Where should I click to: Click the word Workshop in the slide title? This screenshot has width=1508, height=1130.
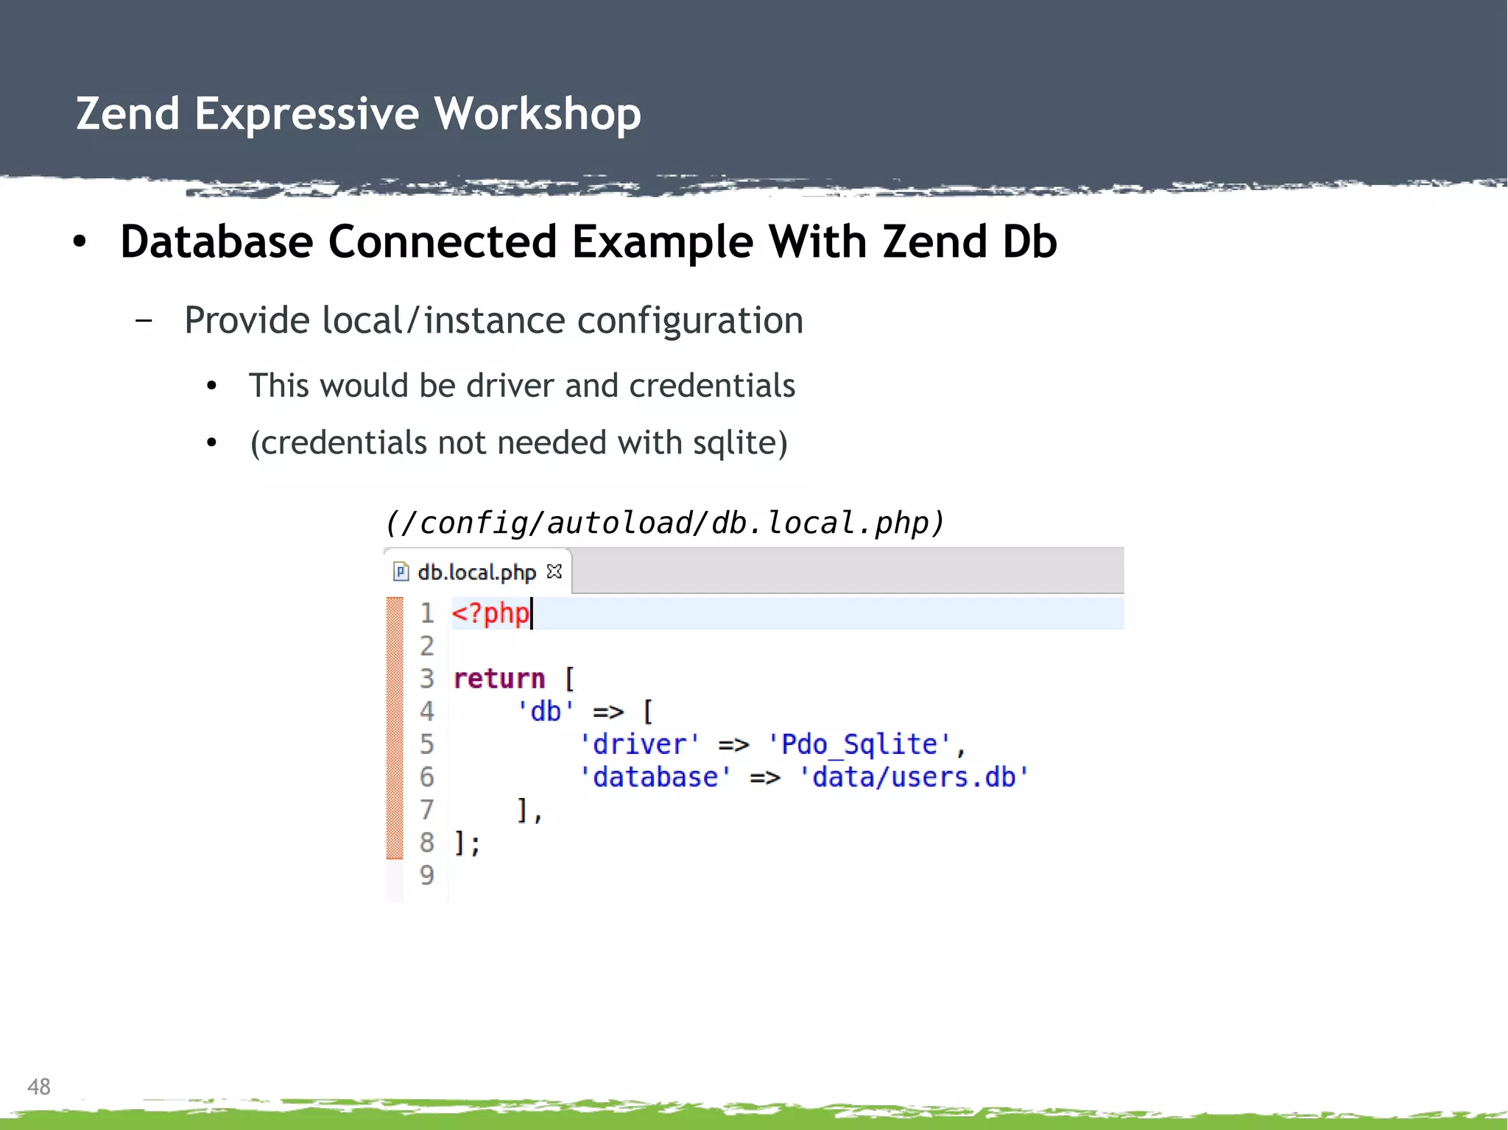tap(537, 114)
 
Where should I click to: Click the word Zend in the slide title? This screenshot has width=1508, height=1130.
tap(127, 114)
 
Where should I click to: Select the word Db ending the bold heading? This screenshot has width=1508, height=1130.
tap(1029, 242)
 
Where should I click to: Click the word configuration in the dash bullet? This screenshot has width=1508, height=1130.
tap(689, 321)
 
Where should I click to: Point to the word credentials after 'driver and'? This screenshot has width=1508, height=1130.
tap(712, 386)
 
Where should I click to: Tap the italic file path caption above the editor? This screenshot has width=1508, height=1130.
tap(664, 523)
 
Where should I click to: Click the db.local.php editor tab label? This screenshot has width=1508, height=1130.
tap(476, 572)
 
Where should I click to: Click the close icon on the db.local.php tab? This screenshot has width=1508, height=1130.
tap(554, 571)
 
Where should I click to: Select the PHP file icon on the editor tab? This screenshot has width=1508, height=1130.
tap(401, 572)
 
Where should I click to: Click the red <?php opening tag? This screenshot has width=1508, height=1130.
tap(490, 613)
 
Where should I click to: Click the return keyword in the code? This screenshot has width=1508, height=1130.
tap(499, 679)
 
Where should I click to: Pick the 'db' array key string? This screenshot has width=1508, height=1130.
tap(545, 711)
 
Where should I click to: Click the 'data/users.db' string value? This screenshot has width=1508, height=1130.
tap(914, 777)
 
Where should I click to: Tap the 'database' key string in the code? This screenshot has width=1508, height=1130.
tap(655, 777)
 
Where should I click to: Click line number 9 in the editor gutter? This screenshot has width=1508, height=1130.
tap(427, 875)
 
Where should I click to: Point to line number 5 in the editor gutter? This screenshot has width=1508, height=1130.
tap(427, 744)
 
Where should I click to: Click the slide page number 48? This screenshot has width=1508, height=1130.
tap(39, 1087)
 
